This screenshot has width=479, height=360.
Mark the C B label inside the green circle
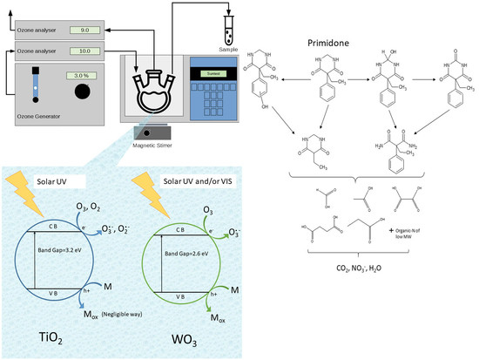[x=180, y=230]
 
